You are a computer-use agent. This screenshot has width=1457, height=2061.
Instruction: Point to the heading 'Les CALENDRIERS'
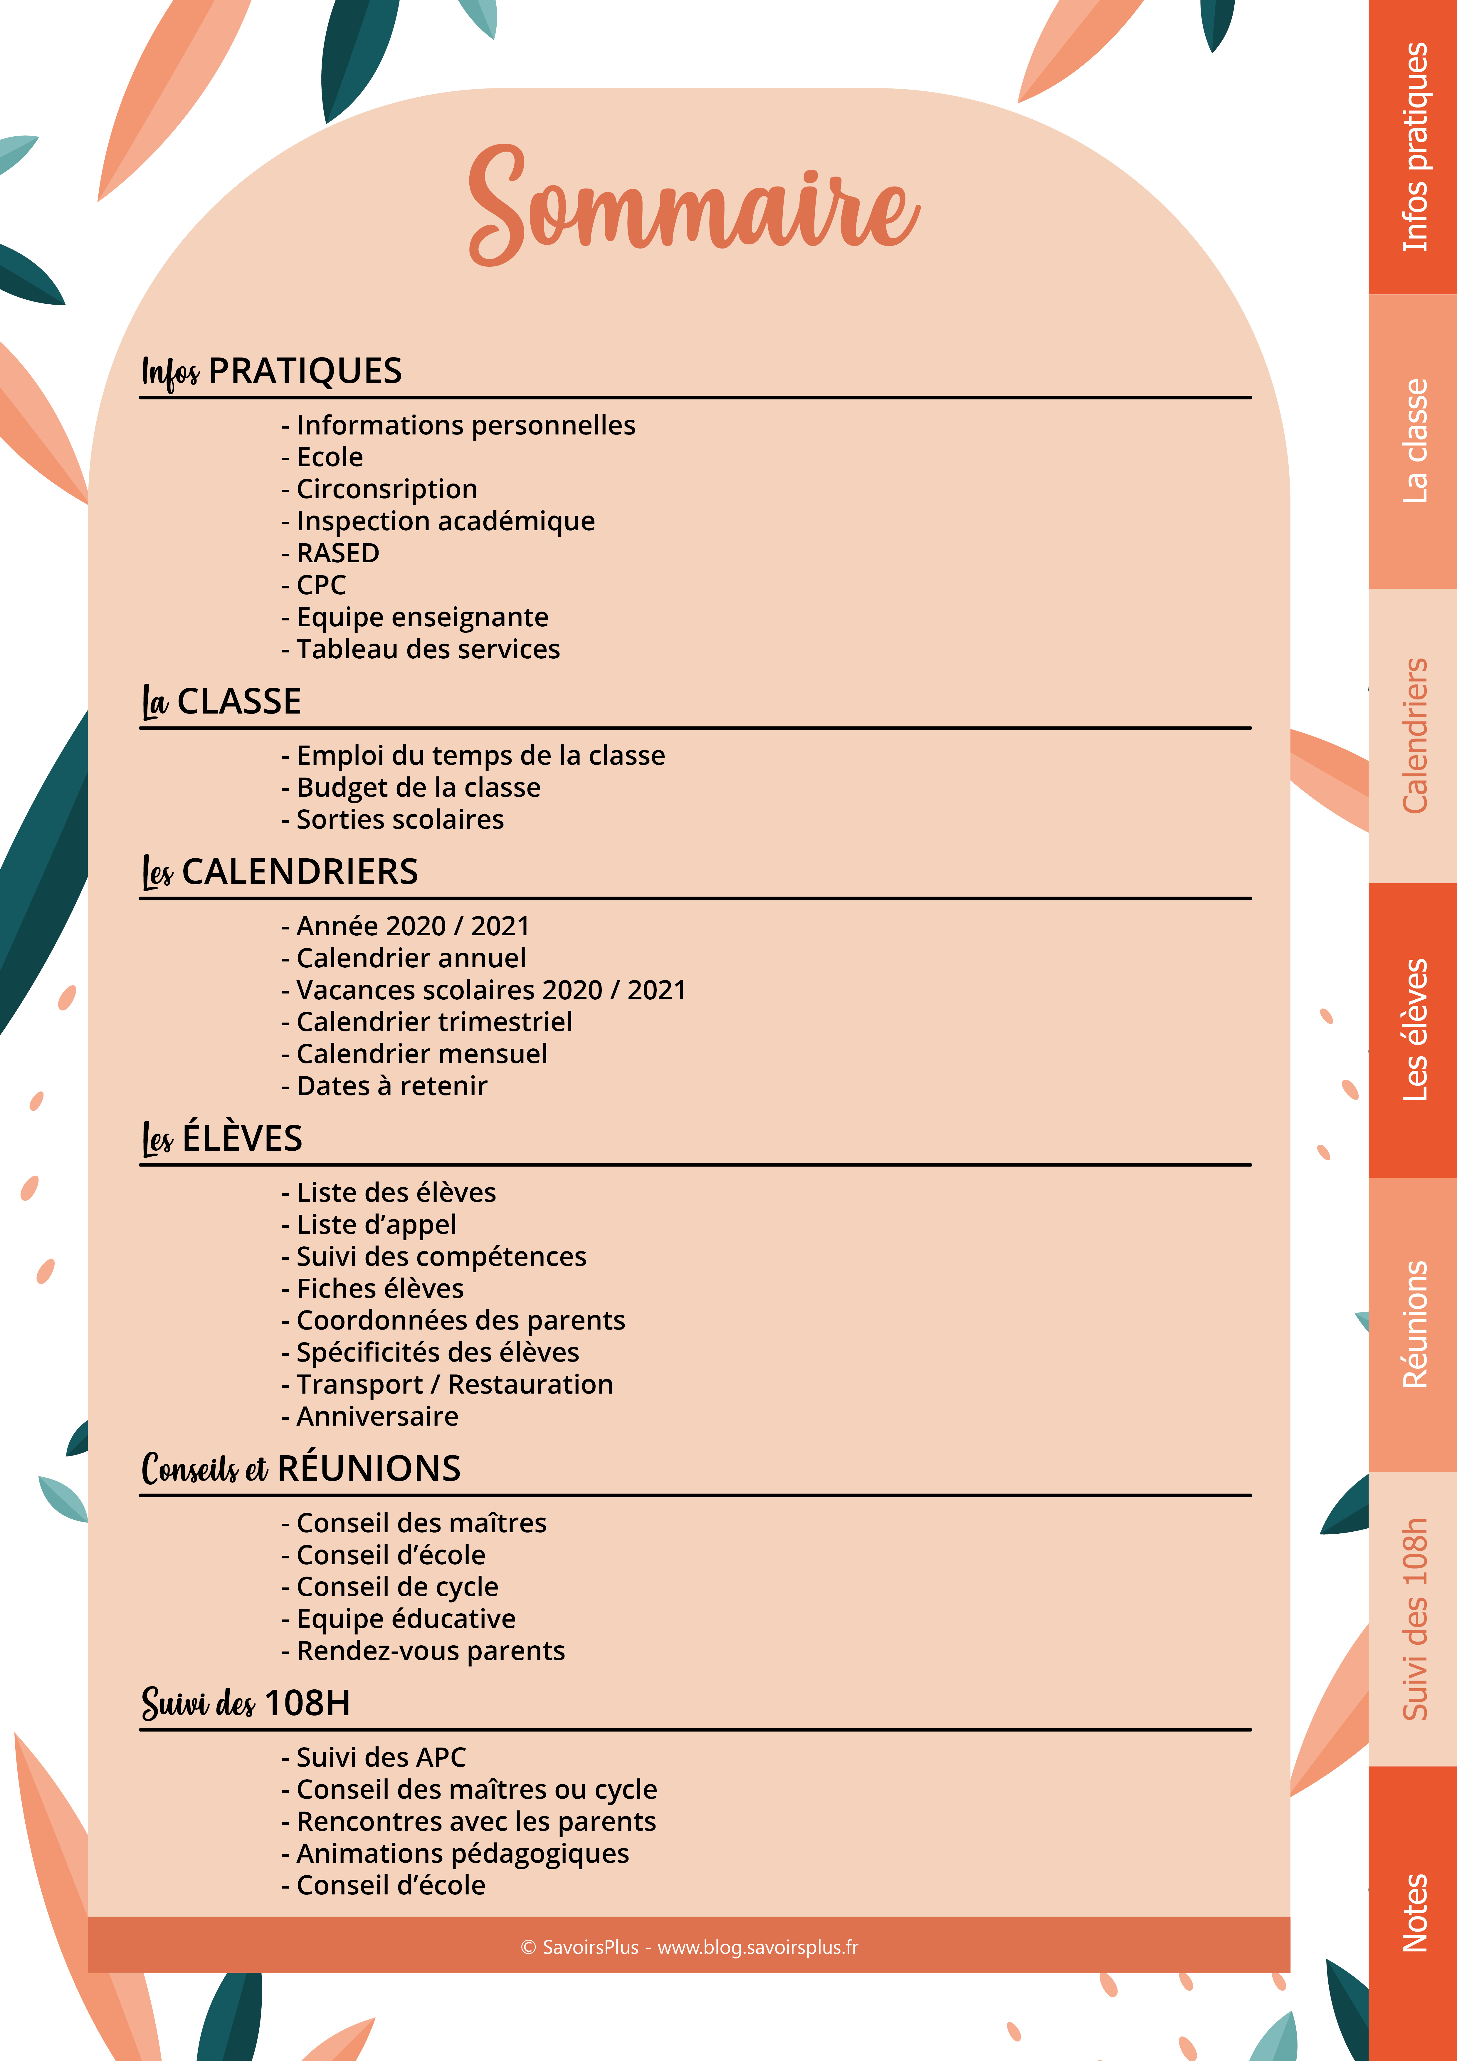point(280,872)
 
